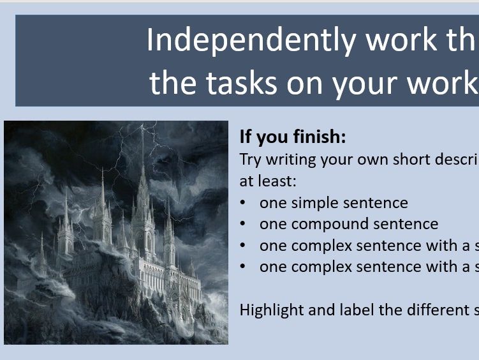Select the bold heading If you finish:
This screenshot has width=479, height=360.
[x=293, y=137]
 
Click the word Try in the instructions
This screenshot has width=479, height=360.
[x=251, y=160]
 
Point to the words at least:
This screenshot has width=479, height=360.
[x=268, y=181]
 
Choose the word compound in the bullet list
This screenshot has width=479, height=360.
[x=327, y=224]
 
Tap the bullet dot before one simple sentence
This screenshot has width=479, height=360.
[x=244, y=203]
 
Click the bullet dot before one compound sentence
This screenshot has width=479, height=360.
[x=244, y=224]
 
